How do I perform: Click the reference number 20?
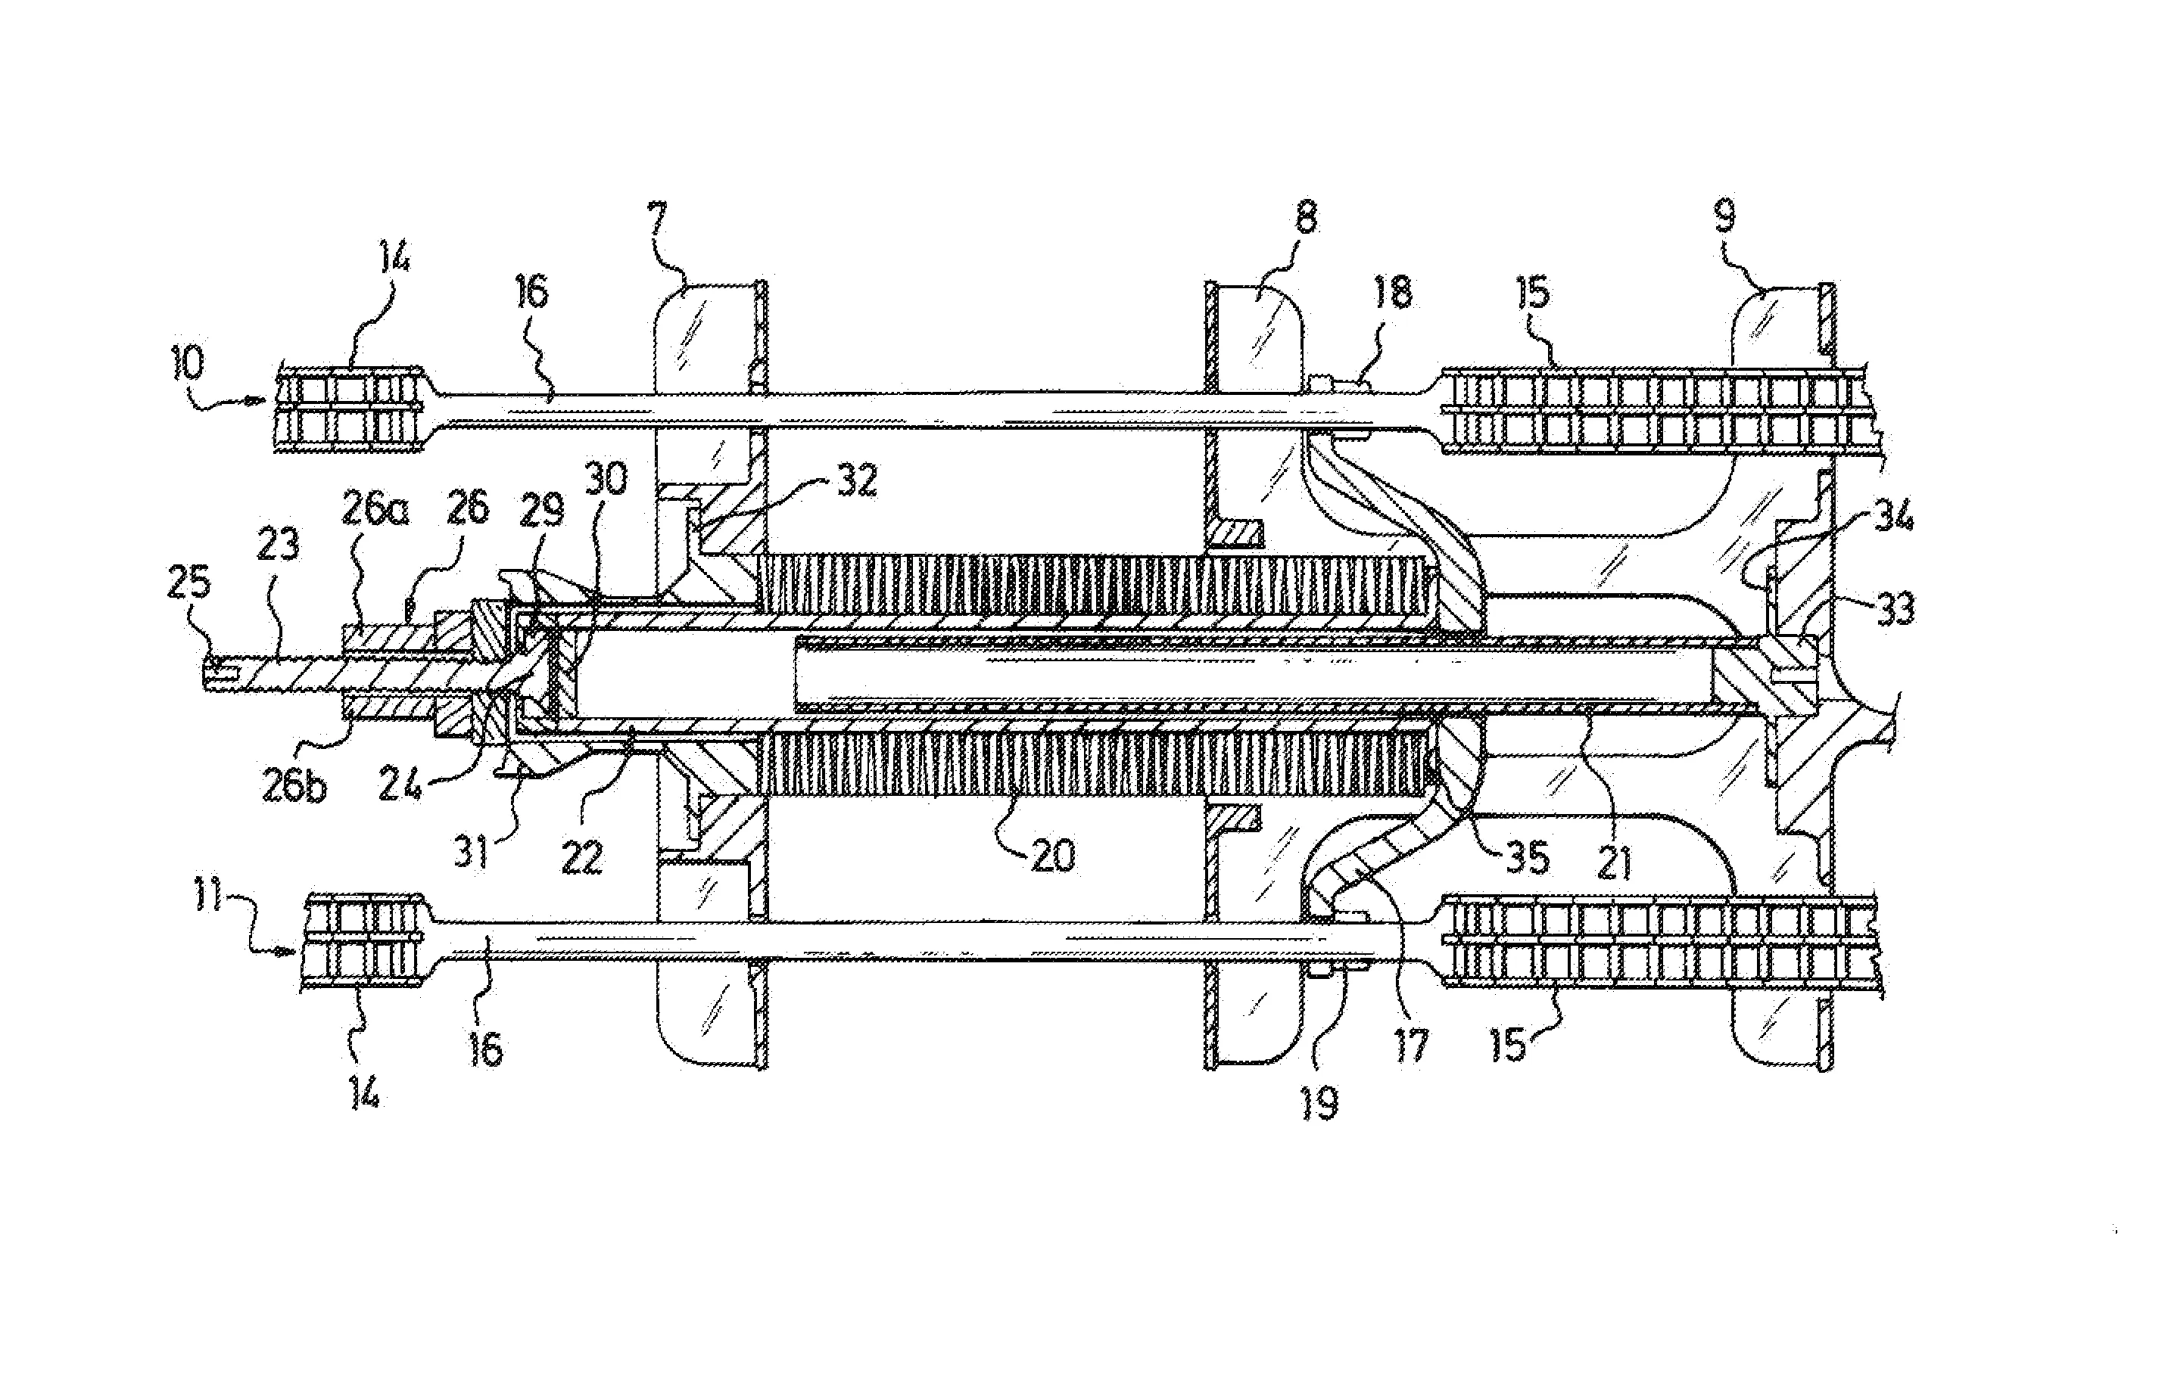click(1052, 854)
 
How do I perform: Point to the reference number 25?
click(190, 584)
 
